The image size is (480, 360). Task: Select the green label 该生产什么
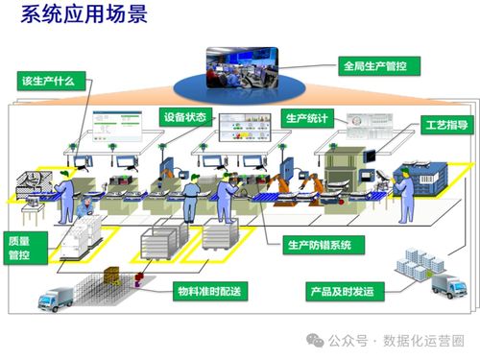coord(49,80)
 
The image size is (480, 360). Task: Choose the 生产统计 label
coord(309,118)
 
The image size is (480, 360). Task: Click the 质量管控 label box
coord(20,248)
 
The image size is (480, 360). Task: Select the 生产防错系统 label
coord(319,245)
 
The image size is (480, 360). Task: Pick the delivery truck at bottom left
coord(57,300)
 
